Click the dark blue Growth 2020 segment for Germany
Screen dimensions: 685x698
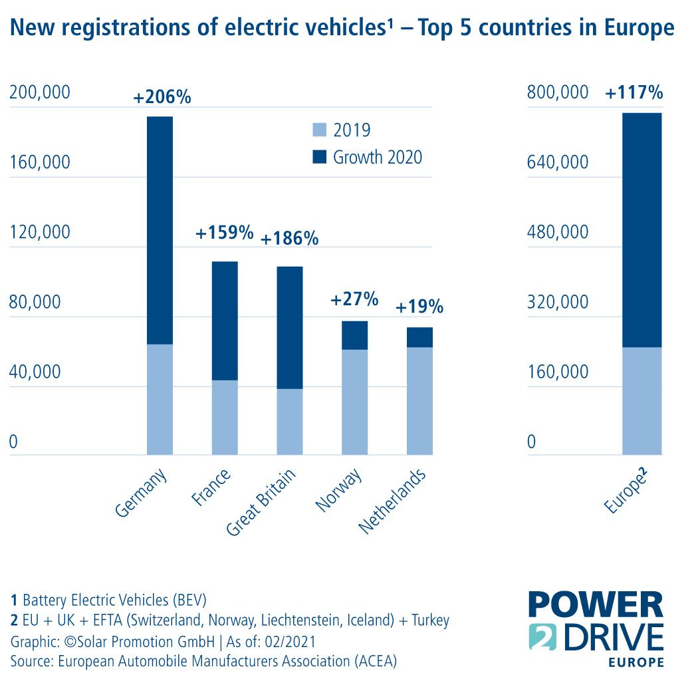[160, 230]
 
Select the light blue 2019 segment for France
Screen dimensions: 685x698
[225, 417]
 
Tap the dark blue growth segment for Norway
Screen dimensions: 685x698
[355, 335]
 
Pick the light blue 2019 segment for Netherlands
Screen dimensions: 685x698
[419, 400]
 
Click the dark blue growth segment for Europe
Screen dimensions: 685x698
[642, 230]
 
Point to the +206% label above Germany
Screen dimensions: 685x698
[162, 97]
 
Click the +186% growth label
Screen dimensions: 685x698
[289, 238]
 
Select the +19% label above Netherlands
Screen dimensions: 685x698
[419, 307]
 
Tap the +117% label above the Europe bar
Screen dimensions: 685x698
[634, 93]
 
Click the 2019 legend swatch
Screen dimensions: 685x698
[320, 130]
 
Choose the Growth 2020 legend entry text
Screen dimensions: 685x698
[378, 158]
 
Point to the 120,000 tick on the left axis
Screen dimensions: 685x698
[39, 233]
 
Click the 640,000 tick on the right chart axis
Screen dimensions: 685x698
[558, 163]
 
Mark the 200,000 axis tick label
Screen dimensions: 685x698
[39, 93]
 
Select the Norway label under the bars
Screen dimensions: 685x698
[340, 490]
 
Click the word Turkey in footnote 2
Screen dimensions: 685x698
[429, 620]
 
